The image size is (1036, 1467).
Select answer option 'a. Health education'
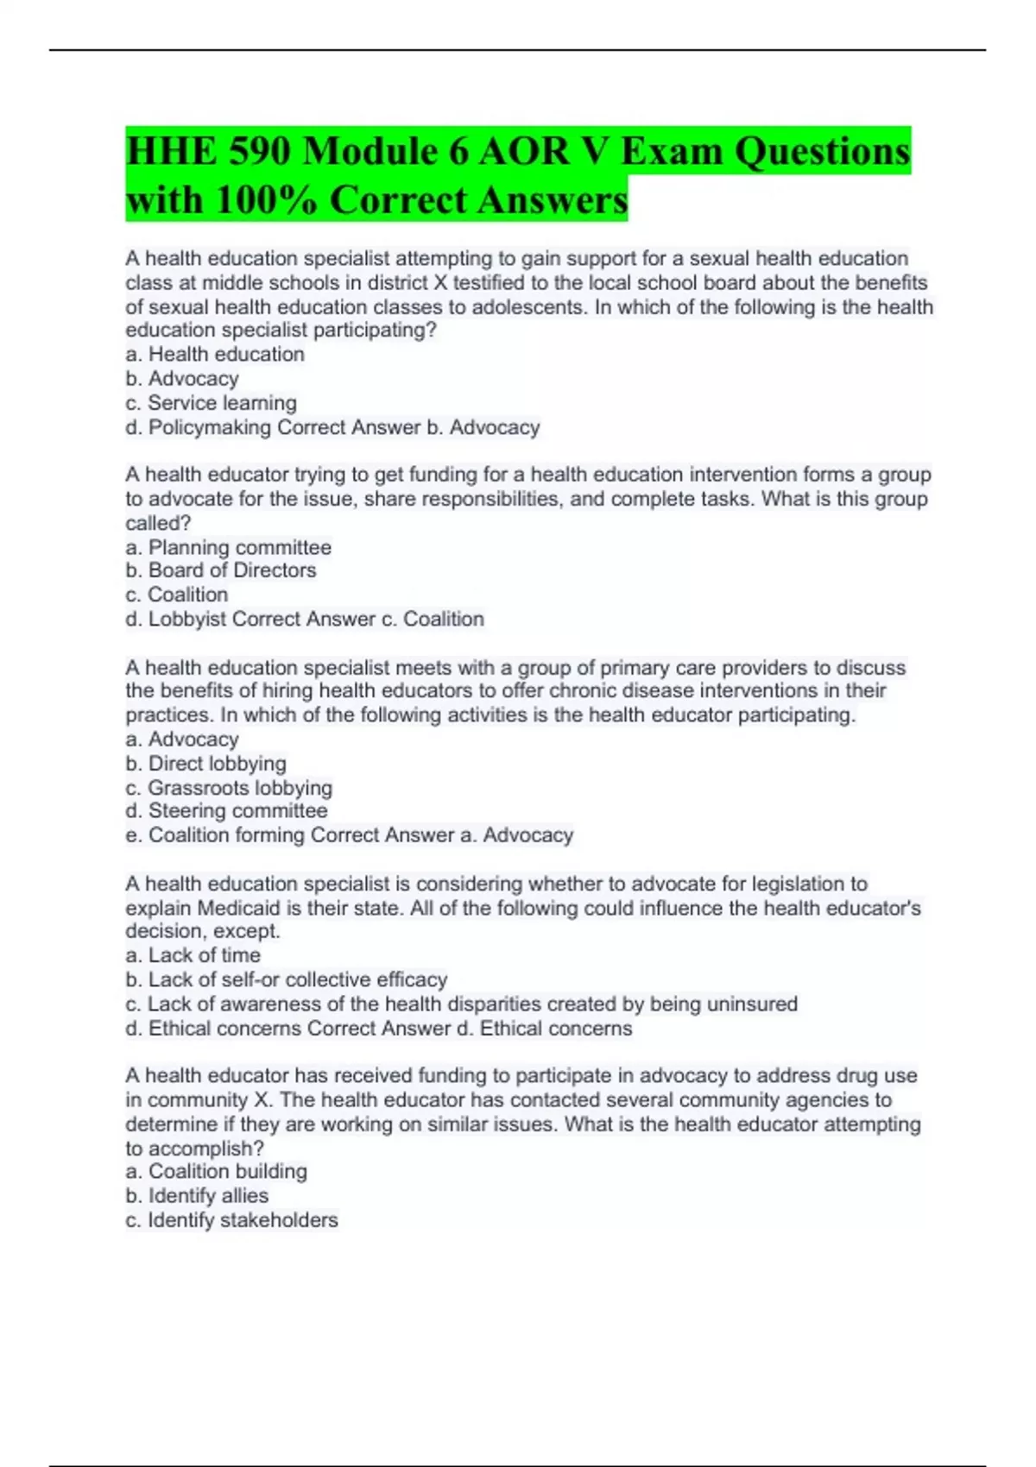215,355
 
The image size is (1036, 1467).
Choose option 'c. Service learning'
211,403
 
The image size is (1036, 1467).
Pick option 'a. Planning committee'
228,548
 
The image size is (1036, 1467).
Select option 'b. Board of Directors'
221,570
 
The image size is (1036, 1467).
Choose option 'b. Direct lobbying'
205,764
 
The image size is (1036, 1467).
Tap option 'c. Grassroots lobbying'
229,788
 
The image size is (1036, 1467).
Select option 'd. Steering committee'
226,811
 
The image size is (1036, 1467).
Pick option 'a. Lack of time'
193,955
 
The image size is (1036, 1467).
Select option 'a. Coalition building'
216,1172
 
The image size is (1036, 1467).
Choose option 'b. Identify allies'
197,1196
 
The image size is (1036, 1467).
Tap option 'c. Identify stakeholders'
231,1220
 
